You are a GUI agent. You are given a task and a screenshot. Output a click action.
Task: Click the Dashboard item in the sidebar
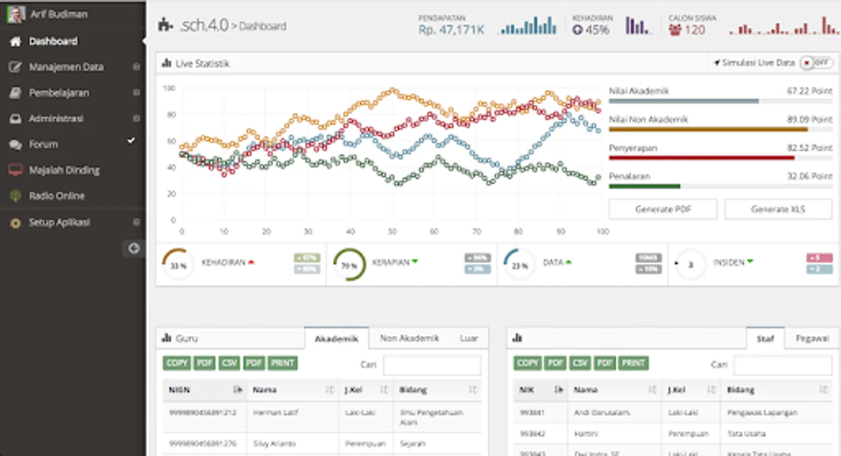click(53, 41)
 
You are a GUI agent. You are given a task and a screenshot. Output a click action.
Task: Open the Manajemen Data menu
click(66, 67)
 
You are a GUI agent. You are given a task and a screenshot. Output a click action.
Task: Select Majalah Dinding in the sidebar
click(64, 170)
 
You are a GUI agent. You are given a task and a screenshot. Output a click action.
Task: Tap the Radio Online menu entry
click(56, 196)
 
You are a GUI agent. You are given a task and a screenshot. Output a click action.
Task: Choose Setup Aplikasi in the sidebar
click(59, 222)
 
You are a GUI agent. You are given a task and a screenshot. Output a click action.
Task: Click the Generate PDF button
click(663, 209)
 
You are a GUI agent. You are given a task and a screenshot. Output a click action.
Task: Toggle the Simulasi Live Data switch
click(816, 63)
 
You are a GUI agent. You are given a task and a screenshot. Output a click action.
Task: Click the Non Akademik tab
click(409, 338)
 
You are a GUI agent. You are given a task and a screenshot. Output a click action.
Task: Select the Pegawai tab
click(812, 338)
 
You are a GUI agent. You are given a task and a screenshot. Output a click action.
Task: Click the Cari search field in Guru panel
click(432, 365)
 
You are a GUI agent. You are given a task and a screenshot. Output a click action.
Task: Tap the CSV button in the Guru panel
click(229, 363)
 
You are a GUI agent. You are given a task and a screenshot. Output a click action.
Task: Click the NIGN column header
click(179, 390)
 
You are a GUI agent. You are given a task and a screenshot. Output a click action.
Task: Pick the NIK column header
click(527, 390)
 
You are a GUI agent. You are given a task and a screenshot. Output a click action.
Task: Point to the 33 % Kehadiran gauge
click(178, 264)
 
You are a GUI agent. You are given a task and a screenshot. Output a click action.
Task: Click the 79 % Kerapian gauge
click(349, 264)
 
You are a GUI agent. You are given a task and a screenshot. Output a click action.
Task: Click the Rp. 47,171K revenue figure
click(451, 30)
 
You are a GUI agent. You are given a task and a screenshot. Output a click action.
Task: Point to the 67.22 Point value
click(809, 91)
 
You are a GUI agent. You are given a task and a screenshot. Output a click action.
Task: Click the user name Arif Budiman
click(58, 14)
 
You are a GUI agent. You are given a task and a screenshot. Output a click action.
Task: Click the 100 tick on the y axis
click(169, 89)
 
